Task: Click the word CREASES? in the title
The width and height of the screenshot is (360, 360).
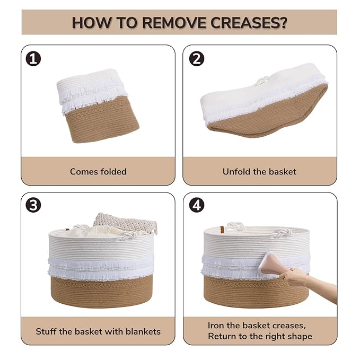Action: (249, 23)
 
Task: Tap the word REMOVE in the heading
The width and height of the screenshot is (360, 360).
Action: (174, 23)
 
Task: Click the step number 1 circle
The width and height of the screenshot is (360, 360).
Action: (33, 58)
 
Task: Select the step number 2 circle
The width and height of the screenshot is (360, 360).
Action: (197, 58)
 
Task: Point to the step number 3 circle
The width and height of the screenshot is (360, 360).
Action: (33, 205)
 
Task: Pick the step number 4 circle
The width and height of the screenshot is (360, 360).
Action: (197, 205)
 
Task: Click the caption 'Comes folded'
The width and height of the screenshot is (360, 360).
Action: (98, 171)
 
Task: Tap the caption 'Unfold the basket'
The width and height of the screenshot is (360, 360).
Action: (259, 171)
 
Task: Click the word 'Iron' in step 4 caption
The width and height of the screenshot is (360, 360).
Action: (216, 326)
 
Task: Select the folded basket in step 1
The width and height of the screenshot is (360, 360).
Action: (98, 106)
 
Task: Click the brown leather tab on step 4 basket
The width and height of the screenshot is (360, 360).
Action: (222, 230)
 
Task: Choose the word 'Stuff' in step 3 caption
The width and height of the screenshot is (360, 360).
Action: (46, 331)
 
